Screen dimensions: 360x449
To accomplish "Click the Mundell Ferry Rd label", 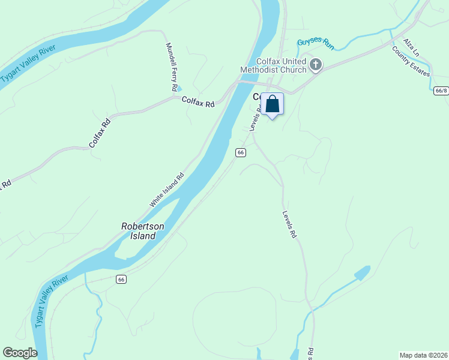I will [x=170, y=67].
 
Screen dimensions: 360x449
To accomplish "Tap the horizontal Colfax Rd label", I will [x=197, y=103].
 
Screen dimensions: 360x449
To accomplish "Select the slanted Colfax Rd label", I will [x=100, y=134].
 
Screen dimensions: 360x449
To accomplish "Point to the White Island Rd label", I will [x=166, y=191].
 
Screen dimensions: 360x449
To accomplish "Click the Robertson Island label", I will [x=143, y=231].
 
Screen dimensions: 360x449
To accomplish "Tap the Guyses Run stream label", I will [x=315, y=43].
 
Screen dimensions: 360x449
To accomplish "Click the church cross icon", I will [x=316, y=65].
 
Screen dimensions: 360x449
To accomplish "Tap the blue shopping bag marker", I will [x=272, y=104].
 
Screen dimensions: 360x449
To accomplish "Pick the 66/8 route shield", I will [x=440, y=91].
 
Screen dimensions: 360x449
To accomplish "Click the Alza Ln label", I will [x=411, y=46].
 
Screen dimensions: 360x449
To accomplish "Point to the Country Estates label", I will [x=411, y=62].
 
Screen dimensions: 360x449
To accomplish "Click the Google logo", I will [x=20, y=353].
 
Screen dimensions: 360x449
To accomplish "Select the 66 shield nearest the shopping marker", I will [x=240, y=152].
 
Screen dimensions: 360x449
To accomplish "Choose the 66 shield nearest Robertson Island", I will [x=121, y=279].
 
